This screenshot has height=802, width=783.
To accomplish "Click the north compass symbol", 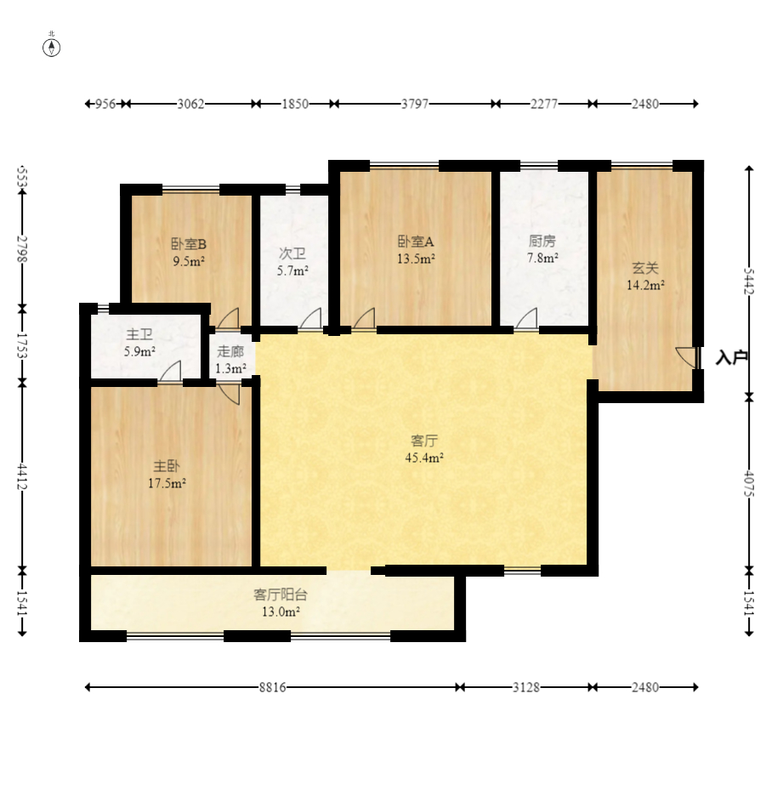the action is (51, 46).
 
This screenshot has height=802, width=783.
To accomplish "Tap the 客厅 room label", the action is (424, 441).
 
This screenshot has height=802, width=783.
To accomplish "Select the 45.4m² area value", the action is (424, 458).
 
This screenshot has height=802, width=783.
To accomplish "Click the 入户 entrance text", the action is (731, 357).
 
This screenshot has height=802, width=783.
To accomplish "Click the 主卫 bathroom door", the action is (170, 372).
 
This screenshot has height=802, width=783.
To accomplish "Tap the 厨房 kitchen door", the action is (527, 318).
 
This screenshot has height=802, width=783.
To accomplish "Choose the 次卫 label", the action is (292, 253).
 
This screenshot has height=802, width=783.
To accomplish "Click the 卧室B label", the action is (188, 244).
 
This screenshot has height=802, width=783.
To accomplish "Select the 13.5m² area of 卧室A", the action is (416, 259).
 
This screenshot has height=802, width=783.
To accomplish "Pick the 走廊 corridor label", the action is (230, 351).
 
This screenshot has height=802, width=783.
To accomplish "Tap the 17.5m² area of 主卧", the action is (167, 483).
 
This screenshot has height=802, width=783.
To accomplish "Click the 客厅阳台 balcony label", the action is (281, 594).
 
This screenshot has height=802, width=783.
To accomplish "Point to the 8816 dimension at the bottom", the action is (272, 687).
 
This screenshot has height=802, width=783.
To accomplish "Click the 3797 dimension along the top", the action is (414, 104).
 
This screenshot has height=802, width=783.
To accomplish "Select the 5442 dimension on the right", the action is (749, 282).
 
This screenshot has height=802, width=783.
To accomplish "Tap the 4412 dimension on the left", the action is (21, 475).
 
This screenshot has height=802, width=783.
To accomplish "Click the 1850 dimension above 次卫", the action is (295, 104).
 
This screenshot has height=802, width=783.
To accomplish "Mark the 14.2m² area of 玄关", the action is (645, 286).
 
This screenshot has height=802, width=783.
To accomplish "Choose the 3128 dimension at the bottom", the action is (526, 687).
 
